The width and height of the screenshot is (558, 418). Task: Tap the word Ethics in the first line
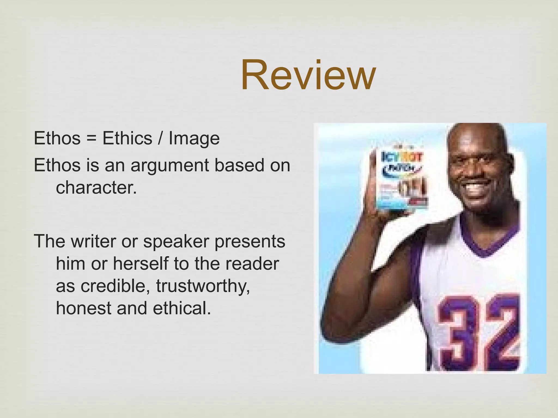(x=127, y=138)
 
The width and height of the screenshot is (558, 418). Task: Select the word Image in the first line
(x=194, y=139)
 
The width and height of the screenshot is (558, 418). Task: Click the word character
(x=96, y=188)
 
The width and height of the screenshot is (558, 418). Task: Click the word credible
(x=115, y=286)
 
